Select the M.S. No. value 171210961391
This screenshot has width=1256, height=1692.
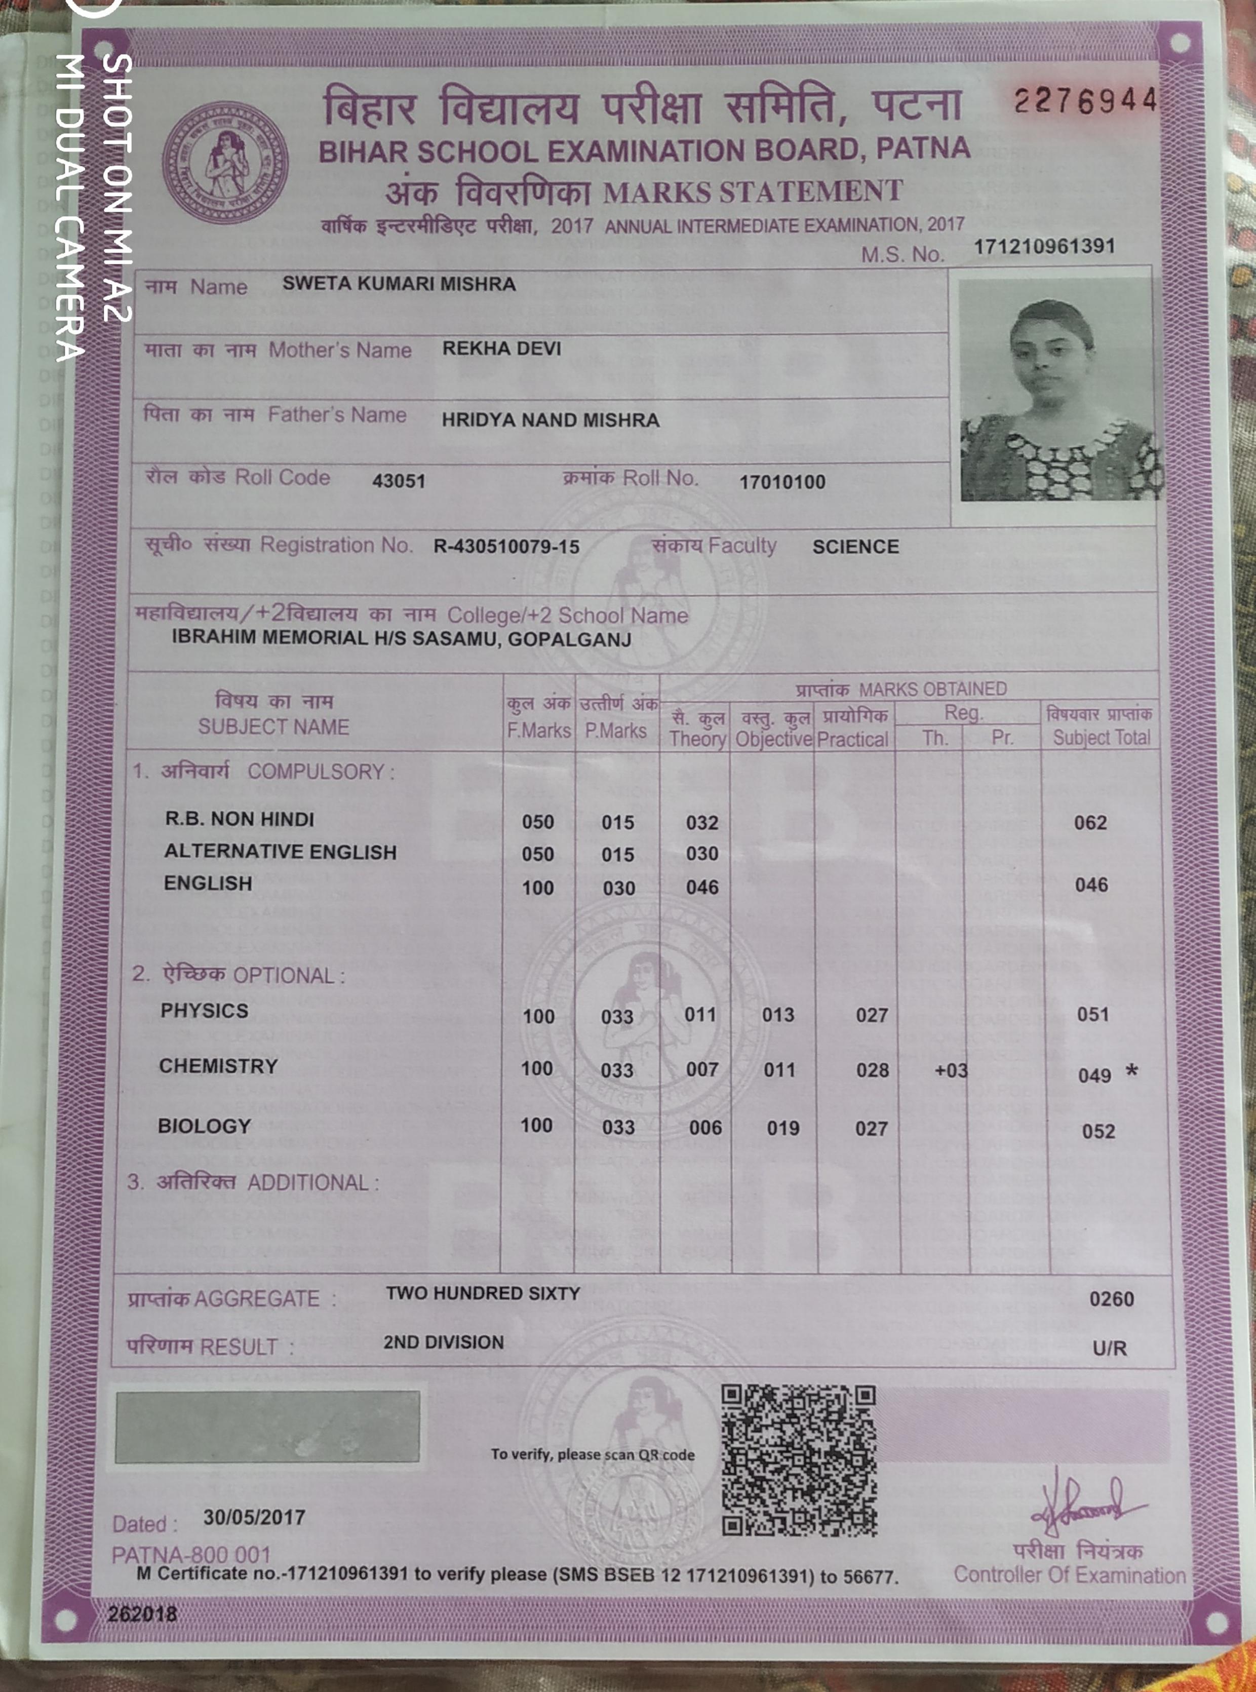point(1044,246)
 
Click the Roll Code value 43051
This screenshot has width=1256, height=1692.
point(399,481)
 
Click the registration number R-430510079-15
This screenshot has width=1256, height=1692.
point(506,546)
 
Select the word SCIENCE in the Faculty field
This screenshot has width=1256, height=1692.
point(855,547)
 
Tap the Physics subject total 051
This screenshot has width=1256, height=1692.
point(1092,1014)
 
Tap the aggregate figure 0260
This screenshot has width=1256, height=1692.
point(1111,1298)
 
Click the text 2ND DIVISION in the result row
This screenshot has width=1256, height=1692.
point(443,1342)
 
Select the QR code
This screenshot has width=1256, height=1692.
point(798,1460)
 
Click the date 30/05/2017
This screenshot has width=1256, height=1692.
point(254,1517)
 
